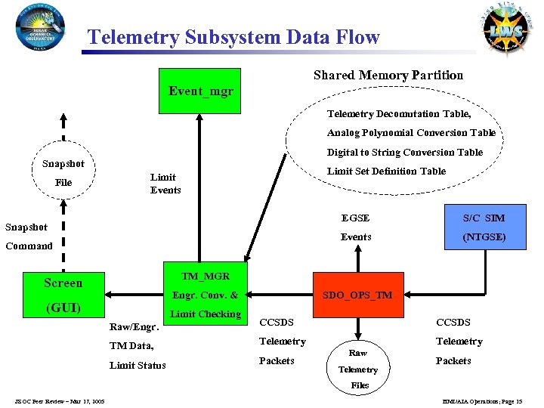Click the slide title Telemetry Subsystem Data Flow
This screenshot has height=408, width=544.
[233, 37]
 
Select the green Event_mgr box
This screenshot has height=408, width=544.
[200, 91]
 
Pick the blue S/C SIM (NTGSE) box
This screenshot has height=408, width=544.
[484, 227]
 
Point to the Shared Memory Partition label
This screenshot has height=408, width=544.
[388, 75]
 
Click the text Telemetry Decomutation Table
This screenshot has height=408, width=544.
[398, 114]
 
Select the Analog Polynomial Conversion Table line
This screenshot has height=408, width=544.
[411, 133]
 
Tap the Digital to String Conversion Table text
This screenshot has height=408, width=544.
[404, 152]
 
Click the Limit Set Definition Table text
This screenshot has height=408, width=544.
[386, 171]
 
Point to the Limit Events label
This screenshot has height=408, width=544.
[165, 184]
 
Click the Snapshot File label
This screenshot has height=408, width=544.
[63, 173]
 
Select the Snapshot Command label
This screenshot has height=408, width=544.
[29, 236]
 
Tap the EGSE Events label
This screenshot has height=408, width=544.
[356, 227]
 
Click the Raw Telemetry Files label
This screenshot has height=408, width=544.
[358, 369]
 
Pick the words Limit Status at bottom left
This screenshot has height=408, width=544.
[138, 366]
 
